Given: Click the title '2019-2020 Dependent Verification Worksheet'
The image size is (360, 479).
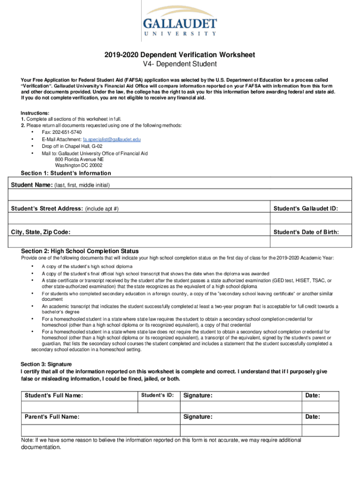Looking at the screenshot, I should pos(180,55).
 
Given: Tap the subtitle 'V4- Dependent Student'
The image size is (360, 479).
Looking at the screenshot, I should pos(180,64).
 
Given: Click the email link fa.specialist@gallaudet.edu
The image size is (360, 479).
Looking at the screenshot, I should pos(112,139).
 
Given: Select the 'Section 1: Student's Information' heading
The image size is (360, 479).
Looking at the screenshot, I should pos(66,173).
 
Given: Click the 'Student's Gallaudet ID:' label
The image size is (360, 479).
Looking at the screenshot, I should pos(306,208).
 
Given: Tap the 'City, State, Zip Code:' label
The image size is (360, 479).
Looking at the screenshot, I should pos(41,232).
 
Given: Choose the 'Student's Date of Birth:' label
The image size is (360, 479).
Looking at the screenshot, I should pos(306,232).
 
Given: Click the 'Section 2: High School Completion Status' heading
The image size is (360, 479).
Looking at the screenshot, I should pos(79,251).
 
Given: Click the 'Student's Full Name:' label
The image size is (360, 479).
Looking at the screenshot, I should pos(54,396).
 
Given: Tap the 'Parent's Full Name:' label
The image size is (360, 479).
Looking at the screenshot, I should pos(52,416).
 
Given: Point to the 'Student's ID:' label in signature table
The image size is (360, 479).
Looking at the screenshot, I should pos(157,395).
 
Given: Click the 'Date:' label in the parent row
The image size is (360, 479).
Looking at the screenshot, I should pos(312,416).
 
